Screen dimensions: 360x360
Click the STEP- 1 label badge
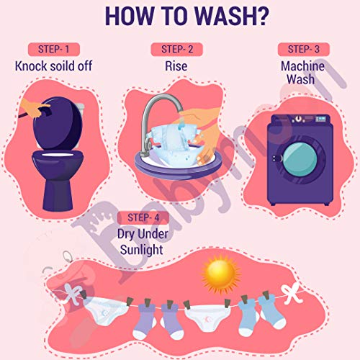click(54, 50)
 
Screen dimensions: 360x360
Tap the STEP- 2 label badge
click(177, 50)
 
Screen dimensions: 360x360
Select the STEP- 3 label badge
click(304, 50)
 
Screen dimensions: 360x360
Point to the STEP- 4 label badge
click(143, 218)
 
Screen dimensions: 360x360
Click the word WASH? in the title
click(232, 16)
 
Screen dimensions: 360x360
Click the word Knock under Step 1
click(31, 66)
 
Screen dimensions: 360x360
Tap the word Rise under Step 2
click(176, 66)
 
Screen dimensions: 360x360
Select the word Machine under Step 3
click(302, 66)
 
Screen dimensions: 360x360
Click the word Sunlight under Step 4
click(142, 250)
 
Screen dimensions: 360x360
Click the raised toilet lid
click(58, 123)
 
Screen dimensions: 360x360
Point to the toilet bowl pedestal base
click(58, 195)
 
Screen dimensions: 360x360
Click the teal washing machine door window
click(300, 159)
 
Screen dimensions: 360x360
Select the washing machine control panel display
click(320, 119)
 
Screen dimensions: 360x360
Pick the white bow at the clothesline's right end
click(292, 293)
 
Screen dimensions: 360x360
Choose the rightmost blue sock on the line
click(272, 312)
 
